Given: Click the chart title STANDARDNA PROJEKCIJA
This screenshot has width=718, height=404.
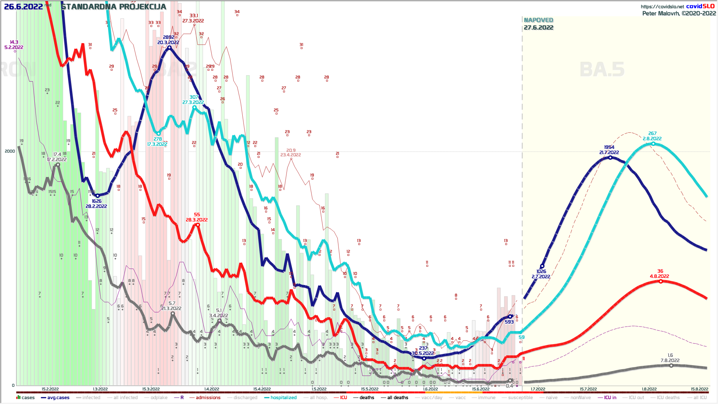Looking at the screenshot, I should [114, 7].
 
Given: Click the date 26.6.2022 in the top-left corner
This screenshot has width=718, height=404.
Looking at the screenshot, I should [23, 7].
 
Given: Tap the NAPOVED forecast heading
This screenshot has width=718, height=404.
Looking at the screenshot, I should [538, 20].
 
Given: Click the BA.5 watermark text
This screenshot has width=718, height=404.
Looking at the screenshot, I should [602, 70].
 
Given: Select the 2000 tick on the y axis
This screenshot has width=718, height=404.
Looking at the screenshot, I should [10, 151].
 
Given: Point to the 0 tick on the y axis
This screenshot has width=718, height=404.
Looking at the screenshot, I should [13, 385].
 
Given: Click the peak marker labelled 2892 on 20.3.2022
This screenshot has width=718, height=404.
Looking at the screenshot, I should [169, 48].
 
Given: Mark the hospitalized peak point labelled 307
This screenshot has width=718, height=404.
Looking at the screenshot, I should [194, 107].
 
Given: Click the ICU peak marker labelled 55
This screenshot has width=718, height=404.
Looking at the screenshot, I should [198, 225].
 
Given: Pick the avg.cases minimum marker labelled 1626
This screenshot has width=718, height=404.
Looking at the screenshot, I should [98, 196].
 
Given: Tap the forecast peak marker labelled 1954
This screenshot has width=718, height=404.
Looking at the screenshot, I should [610, 157].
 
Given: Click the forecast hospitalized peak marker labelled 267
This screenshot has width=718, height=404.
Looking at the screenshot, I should [653, 144].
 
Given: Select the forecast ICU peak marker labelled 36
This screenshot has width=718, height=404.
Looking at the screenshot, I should [661, 281].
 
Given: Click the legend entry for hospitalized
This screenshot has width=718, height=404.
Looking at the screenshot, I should [283, 398].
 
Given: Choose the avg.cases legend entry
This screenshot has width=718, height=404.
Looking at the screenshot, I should [58, 398].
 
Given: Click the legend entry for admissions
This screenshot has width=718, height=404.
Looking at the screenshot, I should [208, 398].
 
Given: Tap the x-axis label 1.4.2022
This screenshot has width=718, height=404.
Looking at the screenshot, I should [212, 389].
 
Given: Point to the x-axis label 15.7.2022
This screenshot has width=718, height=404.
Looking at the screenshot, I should [588, 389].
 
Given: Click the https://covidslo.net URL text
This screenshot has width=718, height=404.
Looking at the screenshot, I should [662, 6].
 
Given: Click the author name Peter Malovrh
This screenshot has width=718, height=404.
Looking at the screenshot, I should [660, 13].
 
